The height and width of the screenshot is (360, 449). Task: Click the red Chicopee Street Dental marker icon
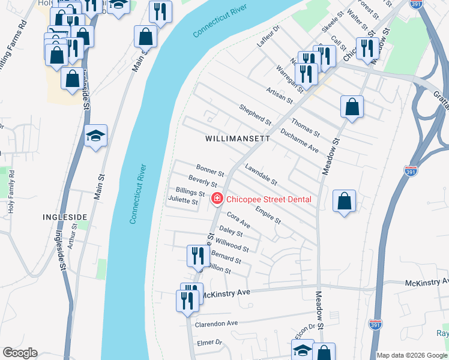(x=216, y=199)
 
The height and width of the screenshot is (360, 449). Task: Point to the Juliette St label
(x=183, y=202)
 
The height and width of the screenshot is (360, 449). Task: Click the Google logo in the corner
(x=20, y=353)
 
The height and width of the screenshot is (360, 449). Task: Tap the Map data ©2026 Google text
(x=412, y=355)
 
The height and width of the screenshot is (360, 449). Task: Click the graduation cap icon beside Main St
(x=95, y=137)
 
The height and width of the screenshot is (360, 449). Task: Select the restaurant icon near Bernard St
(x=196, y=256)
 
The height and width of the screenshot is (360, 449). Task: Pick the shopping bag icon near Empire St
(x=345, y=201)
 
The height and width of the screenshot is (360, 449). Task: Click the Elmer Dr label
(x=209, y=343)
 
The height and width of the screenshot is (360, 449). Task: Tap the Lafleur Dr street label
(x=268, y=37)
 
